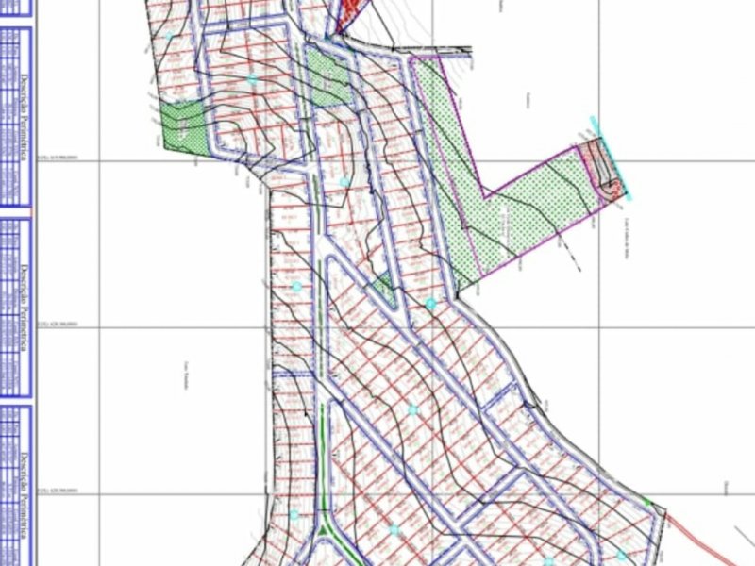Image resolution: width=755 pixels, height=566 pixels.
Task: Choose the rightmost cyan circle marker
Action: [621, 557]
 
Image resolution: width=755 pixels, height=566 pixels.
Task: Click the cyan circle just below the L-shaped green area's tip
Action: [431, 304]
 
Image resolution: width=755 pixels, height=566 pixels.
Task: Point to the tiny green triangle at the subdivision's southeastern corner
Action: [647, 503]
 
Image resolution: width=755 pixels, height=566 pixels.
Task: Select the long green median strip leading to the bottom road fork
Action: [327, 462]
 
